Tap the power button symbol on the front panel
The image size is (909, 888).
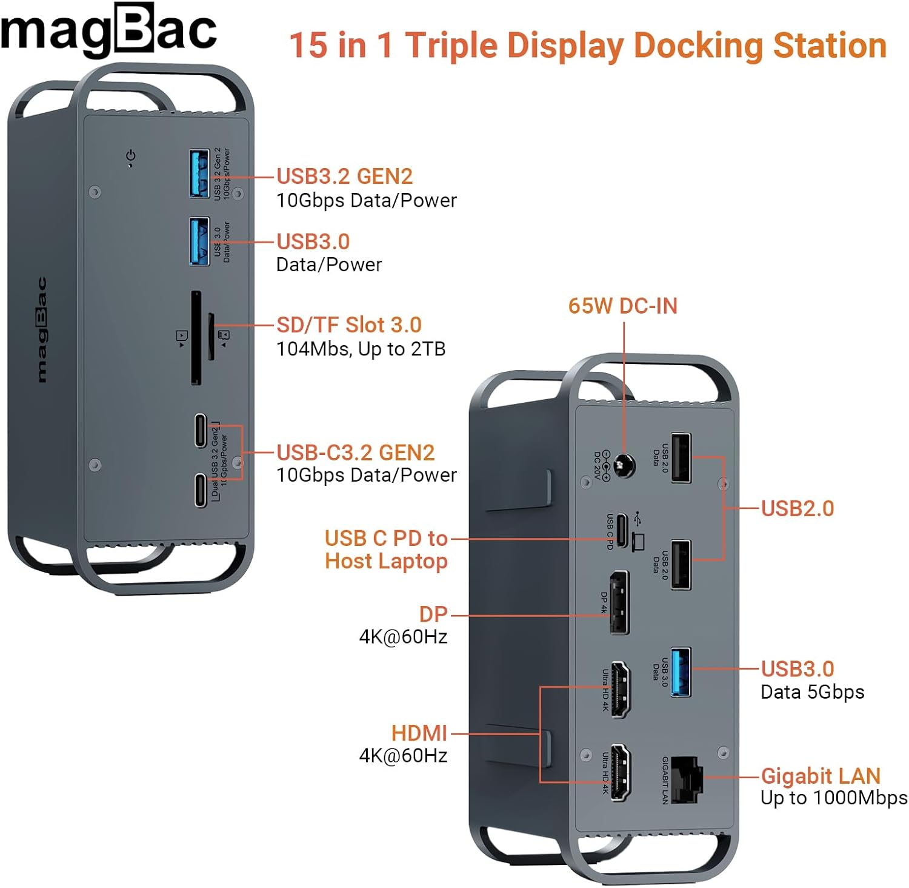point(131,156)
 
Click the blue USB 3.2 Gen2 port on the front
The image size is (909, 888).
point(199,173)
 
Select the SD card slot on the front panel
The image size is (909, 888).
point(196,338)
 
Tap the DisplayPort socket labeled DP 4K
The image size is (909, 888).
point(619,602)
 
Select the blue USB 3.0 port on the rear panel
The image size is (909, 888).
point(681,671)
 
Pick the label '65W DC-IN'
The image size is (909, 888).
point(622,306)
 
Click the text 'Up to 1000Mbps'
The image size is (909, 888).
point(834,798)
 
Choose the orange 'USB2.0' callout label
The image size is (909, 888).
point(797,508)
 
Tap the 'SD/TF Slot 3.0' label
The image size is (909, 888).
point(349,325)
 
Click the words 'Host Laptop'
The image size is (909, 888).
point(386,561)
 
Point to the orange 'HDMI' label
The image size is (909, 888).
point(419,733)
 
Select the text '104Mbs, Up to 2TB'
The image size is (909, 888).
point(361,349)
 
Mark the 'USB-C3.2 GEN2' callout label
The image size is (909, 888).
point(356,452)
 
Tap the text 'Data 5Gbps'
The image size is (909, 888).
point(812,692)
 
